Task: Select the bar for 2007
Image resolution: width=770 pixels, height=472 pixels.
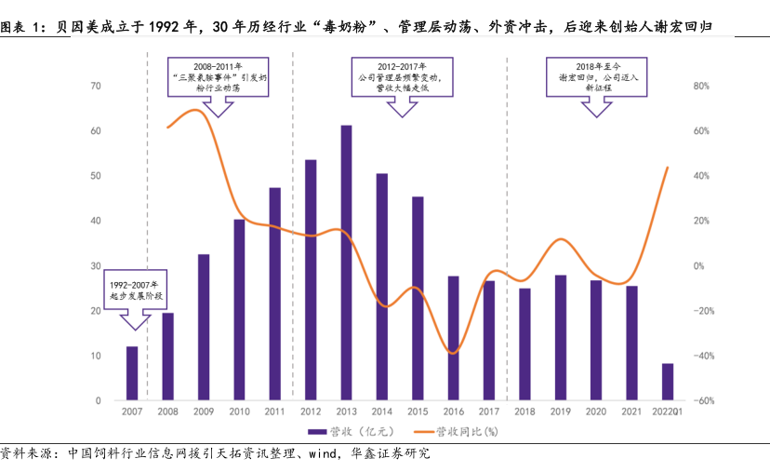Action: [x=132, y=373]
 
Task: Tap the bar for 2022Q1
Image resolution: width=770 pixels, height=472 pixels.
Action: [x=668, y=382]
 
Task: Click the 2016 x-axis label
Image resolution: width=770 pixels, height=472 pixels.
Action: [x=454, y=411]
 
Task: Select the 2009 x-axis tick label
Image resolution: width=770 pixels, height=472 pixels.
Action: [x=204, y=411]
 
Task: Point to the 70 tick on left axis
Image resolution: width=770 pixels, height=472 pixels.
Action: [x=96, y=86]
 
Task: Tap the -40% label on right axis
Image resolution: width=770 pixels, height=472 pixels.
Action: [x=702, y=356]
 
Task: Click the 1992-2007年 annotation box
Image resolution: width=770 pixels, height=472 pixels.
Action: [x=135, y=289]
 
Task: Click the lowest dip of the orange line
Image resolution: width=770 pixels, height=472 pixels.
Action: [x=453, y=353]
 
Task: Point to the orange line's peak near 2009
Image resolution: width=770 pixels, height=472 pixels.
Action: [x=196, y=110]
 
